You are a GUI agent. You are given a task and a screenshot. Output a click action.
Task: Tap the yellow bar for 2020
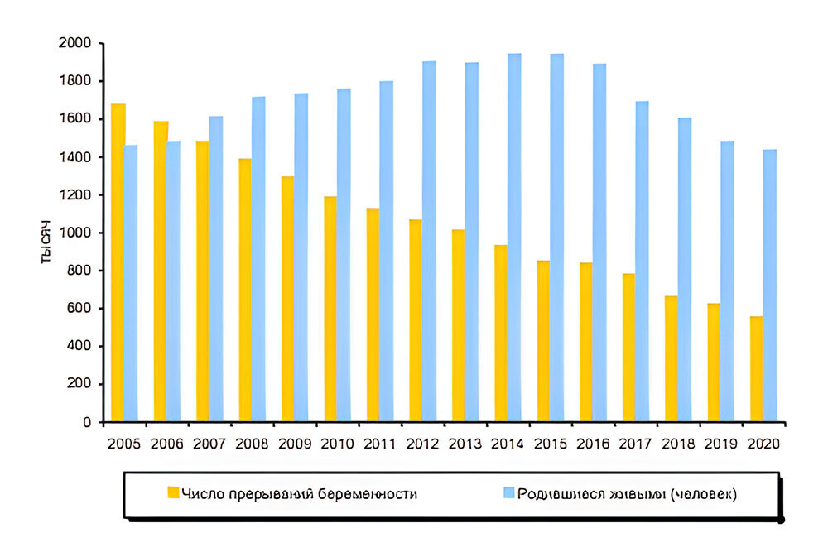[x=756, y=369]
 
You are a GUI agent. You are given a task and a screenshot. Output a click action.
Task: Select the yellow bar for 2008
[x=245, y=290]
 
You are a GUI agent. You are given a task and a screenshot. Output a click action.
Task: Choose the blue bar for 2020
[x=769, y=286]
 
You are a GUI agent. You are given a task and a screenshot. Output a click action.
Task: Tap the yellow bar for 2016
[x=586, y=343]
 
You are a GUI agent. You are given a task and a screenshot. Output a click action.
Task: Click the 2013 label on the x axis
[x=465, y=444]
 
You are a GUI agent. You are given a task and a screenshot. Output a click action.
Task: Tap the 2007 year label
[x=209, y=444]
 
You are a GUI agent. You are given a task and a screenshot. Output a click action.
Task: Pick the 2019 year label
[x=720, y=444]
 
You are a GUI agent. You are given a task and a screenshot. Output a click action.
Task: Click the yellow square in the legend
[x=173, y=493]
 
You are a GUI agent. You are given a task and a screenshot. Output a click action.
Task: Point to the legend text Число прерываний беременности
[x=300, y=494]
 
